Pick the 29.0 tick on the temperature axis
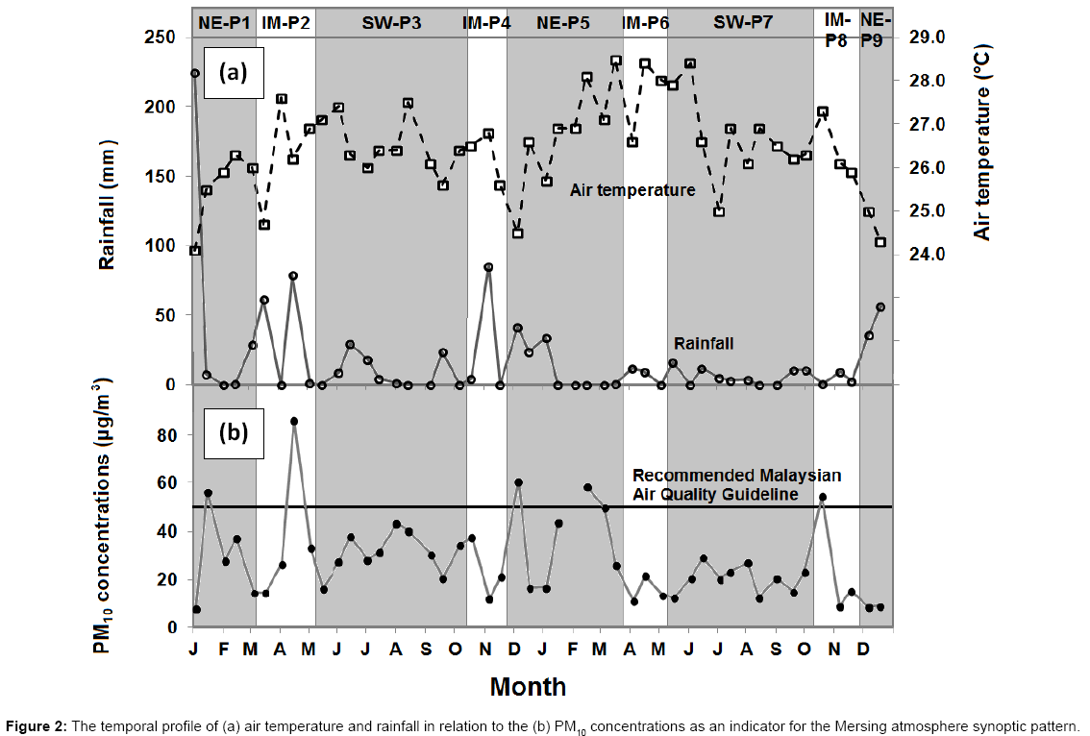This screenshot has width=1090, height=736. (928, 37)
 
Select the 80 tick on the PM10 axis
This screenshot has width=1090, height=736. (167, 435)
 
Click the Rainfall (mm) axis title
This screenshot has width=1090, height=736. (108, 206)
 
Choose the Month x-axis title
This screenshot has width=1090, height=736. (528, 686)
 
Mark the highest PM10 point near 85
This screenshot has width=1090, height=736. (294, 422)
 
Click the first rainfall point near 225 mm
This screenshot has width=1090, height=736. (195, 73)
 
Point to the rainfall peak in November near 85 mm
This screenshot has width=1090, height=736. (488, 267)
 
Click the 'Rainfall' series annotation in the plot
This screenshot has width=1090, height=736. (703, 343)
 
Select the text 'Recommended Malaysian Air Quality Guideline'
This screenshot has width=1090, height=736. (736, 485)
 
